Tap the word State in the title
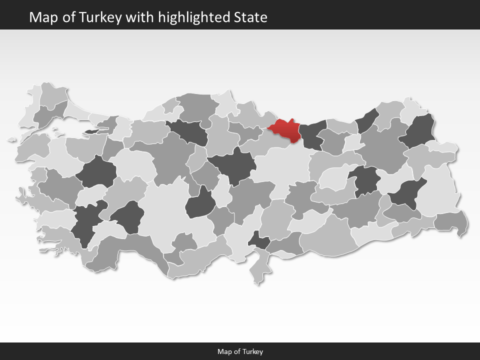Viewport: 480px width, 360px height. [250, 17]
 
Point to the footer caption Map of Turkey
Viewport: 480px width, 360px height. [240, 351]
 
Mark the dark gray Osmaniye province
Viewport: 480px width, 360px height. [259, 240]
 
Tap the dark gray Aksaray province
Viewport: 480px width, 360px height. [201, 203]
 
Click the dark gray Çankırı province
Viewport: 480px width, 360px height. [189, 131]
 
